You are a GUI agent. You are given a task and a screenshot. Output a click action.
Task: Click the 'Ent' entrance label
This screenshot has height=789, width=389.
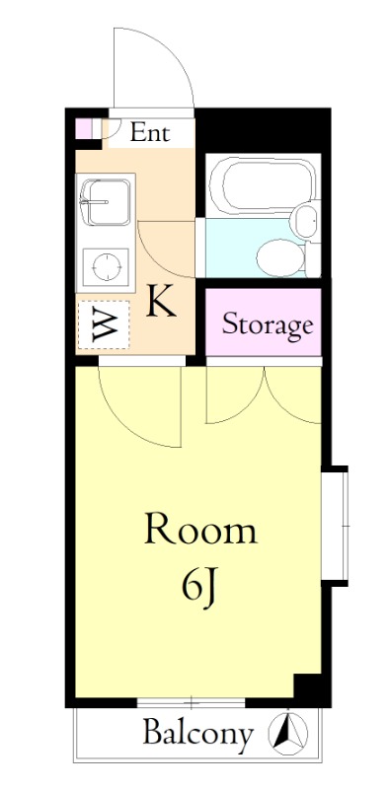pyautogui.click(x=150, y=133)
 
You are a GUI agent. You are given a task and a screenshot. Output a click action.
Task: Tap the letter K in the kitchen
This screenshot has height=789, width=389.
pyautogui.click(x=161, y=301)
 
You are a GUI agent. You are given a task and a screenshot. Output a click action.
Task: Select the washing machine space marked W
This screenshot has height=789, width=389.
pyautogui.click(x=105, y=324)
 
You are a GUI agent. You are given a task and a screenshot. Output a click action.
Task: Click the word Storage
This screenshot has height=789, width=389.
pyautogui.click(x=268, y=325)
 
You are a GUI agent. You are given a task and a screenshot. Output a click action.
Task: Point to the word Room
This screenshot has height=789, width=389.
pyautogui.click(x=200, y=529)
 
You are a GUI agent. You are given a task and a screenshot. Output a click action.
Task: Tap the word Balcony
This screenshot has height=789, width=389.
pyautogui.click(x=197, y=734)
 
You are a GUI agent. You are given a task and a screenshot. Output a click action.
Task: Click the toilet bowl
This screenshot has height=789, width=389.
pyautogui.click(x=280, y=257)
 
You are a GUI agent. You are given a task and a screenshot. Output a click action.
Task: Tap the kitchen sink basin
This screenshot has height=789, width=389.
pyautogui.click(x=105, y=202)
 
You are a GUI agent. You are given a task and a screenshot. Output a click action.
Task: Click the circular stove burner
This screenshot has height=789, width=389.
pyautogui.click(x=107, y=265)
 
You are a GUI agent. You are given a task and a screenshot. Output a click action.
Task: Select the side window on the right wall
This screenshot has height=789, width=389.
pyautogui.click(x=336, y=526)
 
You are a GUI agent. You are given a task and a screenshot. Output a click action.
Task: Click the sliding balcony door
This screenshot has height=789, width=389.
pyautogui.click(x=191, y=702)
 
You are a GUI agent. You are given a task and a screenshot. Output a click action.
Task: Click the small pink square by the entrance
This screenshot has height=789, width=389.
pyautogui.click(x=83, y=128)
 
